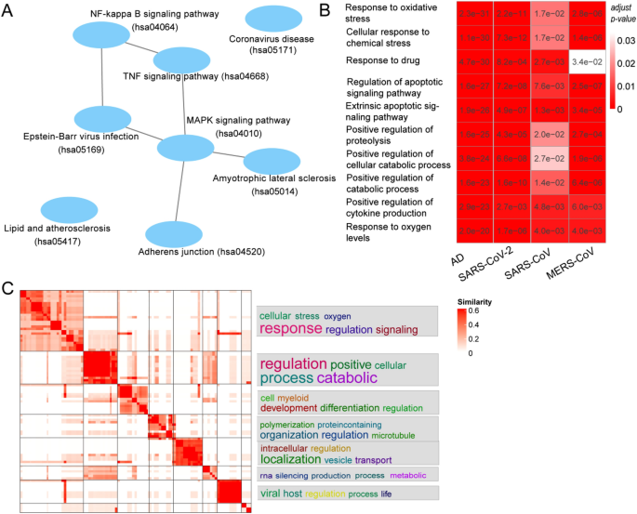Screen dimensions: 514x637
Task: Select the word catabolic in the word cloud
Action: [347, 378]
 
